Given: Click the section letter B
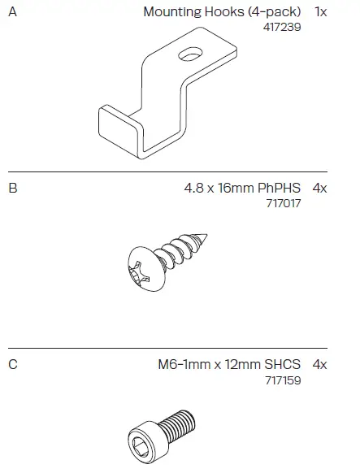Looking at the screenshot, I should [x=13, y=188].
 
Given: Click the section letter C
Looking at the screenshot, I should [x=13, y=364].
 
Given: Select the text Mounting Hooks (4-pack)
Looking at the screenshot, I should [x=222, y=12].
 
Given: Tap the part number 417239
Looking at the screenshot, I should [x=283, y=27].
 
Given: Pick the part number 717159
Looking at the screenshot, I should [x=284, y=379].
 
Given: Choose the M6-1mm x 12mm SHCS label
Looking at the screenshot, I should [x=230, y=364].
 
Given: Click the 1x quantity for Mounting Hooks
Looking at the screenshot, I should [x=319, y=12].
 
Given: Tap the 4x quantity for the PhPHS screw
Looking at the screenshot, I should [x=319, y=188].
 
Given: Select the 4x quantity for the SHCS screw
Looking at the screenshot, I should [x=319, y=364].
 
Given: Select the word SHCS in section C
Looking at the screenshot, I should [x=284, y=364].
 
